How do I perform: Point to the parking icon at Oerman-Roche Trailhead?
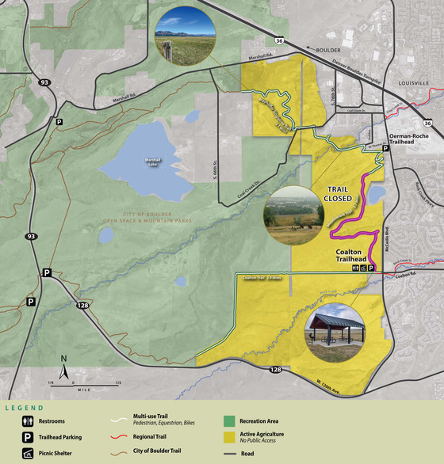(x=386, y=148)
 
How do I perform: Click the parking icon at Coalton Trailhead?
(x=371, y=269)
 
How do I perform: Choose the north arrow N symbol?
(x=63, y=363)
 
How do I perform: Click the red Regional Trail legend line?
(x=121, y=437)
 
